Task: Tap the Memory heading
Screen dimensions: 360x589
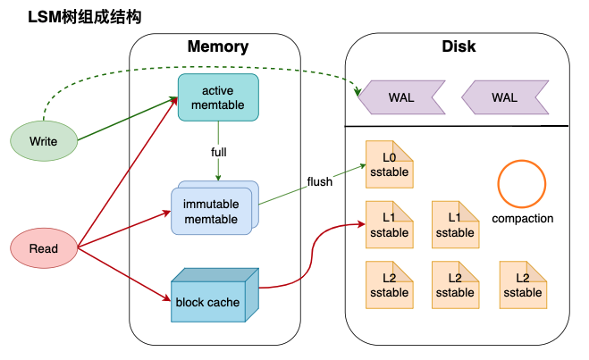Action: click(x=217, y=46)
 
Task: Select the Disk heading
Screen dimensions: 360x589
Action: click(x=459, y=46)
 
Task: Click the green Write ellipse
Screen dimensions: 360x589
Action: click(x=43, y=142)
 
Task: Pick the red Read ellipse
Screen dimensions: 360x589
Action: click(x=43, y=248)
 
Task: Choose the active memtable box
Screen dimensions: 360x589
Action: click(x=217, y=97)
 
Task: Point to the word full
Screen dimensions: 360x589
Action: click(x=218, y=152)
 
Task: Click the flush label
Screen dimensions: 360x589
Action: click(x=319, y=181)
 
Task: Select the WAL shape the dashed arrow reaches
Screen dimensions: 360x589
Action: click(x=400, y=97)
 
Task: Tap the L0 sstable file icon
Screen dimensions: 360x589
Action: click(x=388, y=164)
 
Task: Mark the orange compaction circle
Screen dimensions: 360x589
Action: click(x=522, y=183)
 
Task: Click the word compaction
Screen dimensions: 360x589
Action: click(x=523, y=218)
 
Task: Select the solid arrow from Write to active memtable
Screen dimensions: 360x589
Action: click(x=125, y=121)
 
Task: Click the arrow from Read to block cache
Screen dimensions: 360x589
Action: click(x=125, y=272)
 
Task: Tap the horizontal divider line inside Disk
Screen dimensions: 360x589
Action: click(x=457, y=126)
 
